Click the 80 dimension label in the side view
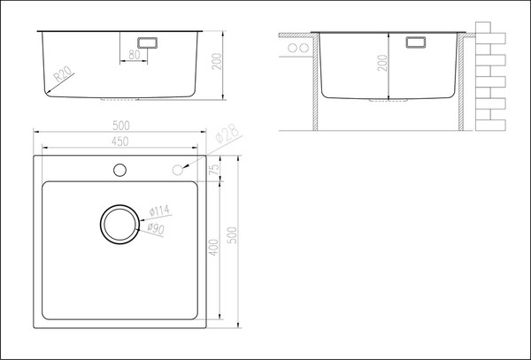coord(135,55)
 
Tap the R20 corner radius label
coord(63,74)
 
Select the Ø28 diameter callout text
coord(227,134)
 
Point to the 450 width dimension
coord(120,142)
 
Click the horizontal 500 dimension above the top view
coord(121,126)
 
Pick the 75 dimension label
coord(215,168)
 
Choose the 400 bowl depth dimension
coord(213,248)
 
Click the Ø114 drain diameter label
coord(159,211)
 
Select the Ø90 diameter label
coord(156,229)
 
